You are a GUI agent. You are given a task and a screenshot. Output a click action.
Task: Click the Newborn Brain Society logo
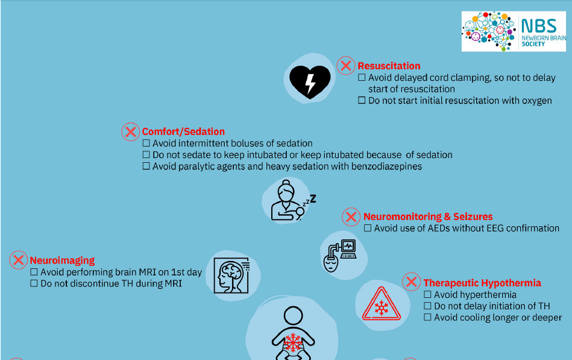(x=514, y=31)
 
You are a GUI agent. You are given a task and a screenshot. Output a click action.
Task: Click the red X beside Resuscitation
(x=346, y=66)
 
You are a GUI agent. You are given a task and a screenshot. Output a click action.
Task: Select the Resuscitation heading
(x=389, y=66)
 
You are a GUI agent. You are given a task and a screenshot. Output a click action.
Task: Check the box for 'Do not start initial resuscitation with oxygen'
(x=362, y=100)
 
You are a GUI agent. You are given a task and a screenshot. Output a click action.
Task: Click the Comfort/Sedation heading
(x=183, y=131)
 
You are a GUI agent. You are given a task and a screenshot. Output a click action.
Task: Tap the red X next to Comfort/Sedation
(x=131, y=132)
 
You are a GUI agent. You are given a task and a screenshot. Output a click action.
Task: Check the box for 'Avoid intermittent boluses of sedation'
(x=146, y=143)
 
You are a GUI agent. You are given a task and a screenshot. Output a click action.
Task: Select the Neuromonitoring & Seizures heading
(x=428, y=216)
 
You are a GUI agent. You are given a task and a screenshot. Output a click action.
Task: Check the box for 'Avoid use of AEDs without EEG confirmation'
(x=367, y=228)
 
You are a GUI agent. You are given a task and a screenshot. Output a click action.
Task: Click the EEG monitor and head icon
(x=340, y=256)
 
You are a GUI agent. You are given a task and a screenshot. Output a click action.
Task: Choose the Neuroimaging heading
(x=62, y=261)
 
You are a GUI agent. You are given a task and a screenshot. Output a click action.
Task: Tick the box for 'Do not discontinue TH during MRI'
(x=34, y=283)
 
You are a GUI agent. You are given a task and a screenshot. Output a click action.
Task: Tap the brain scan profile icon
(x=231, y=276)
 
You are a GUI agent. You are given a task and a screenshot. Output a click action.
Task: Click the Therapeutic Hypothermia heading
(x=482, y=283)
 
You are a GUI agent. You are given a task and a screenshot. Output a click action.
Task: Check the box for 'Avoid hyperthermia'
(x=427, y=294)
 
